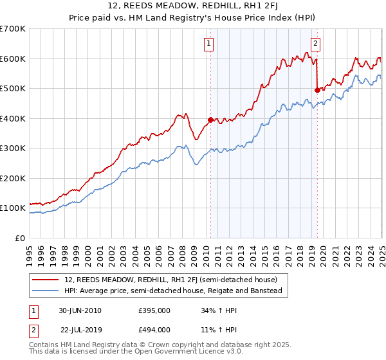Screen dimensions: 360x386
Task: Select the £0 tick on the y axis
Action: click(22, 238)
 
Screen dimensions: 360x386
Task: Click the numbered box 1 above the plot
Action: click(210, 44)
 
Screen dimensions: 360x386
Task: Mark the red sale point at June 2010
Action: click(210, 120)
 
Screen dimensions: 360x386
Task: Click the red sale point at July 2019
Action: click(317, 91)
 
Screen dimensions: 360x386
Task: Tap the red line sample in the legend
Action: click(46, 280)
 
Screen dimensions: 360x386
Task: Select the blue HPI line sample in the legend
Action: click(46, 291)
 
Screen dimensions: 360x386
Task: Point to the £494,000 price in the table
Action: click(154, 329)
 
